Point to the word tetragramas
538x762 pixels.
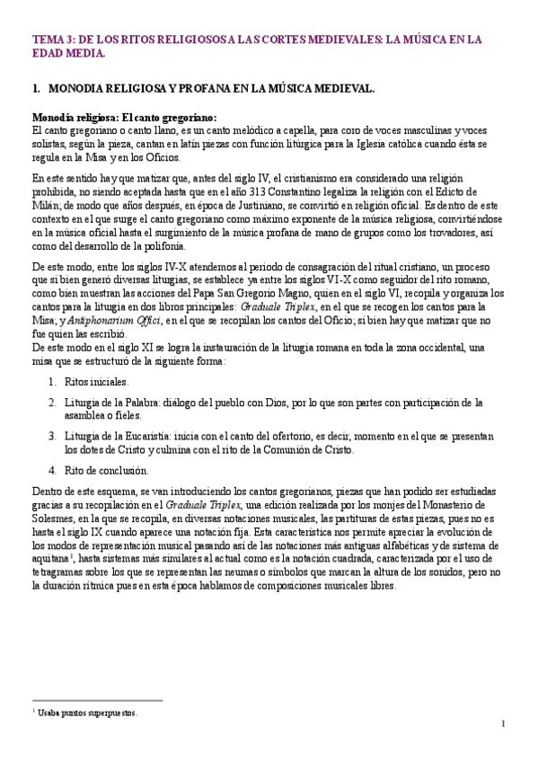57,571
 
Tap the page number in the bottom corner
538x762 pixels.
504,723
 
